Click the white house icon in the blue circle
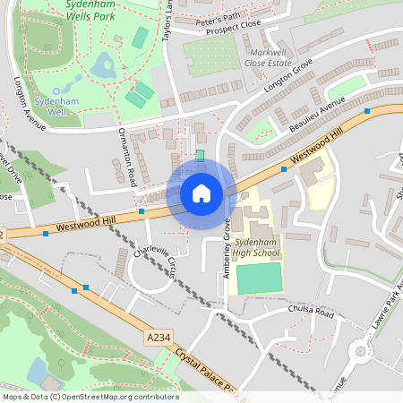click(x=201, y=193)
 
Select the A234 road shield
click(x=157, y=338)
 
